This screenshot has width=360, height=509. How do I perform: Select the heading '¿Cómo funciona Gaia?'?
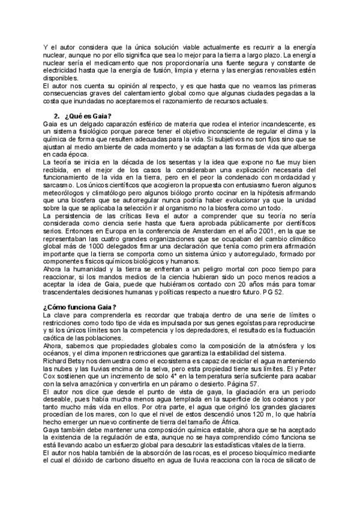click(x=79, y=307)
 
